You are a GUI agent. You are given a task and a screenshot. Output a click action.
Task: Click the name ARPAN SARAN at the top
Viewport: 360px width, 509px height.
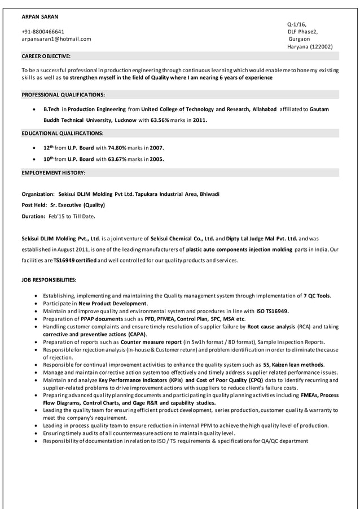pyautogui.click(x=39, y=16)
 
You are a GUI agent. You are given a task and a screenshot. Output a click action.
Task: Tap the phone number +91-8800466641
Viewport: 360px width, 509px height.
pyautogui.click(x=43, y=32)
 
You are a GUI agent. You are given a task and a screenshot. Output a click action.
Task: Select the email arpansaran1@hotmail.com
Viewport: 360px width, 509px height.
pyautogui.click(x=56, y=39)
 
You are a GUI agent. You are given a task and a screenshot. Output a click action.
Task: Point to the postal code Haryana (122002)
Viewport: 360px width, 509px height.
pyautogui.click(x=310, y=46)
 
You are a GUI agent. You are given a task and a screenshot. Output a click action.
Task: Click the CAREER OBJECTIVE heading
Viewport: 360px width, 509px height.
pyautogui.click(x=46, y=56)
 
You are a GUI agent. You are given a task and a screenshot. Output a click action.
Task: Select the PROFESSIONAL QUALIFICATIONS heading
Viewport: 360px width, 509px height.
pyautogui.click(x=63, y=94)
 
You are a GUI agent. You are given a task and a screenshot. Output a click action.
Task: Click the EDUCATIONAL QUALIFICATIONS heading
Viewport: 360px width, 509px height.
pyautogui.click(x=62, y=133)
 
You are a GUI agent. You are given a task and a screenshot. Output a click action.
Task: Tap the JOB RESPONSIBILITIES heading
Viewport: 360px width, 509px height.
pyautogui.click(x=49, y=280)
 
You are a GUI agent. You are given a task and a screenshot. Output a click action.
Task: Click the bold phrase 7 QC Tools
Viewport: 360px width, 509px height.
pyautogui.click(x=317, y=295)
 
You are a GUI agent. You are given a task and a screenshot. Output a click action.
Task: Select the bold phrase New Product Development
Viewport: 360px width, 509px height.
pyautogui.click(x=112, y=303)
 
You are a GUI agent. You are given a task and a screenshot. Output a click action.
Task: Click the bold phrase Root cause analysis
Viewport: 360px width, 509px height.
pyautogui.click(x=271, y=326)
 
